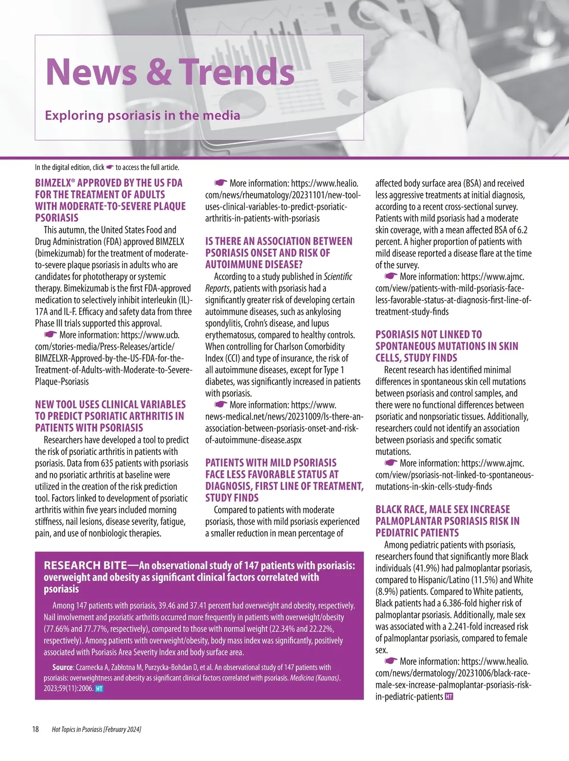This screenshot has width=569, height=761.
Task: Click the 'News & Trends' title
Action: [x=170, y=72]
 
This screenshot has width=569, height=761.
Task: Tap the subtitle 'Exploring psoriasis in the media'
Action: [x=142, y=115]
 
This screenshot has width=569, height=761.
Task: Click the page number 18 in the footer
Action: [x=36, y=729]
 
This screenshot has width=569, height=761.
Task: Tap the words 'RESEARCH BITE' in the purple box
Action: [x=85, y=565]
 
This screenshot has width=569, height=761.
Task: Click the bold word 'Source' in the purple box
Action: [x=63, y=667]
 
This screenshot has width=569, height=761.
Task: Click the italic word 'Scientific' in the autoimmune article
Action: [x=338, y=276]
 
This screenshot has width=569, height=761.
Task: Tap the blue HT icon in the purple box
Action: [x=99, y=689]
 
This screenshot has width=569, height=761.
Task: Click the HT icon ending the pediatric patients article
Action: [x=449, y=697]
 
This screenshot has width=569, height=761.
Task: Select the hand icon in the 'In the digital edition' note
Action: [x=110, y=167]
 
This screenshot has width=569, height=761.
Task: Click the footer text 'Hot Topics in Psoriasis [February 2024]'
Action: [x=96, y=729]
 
